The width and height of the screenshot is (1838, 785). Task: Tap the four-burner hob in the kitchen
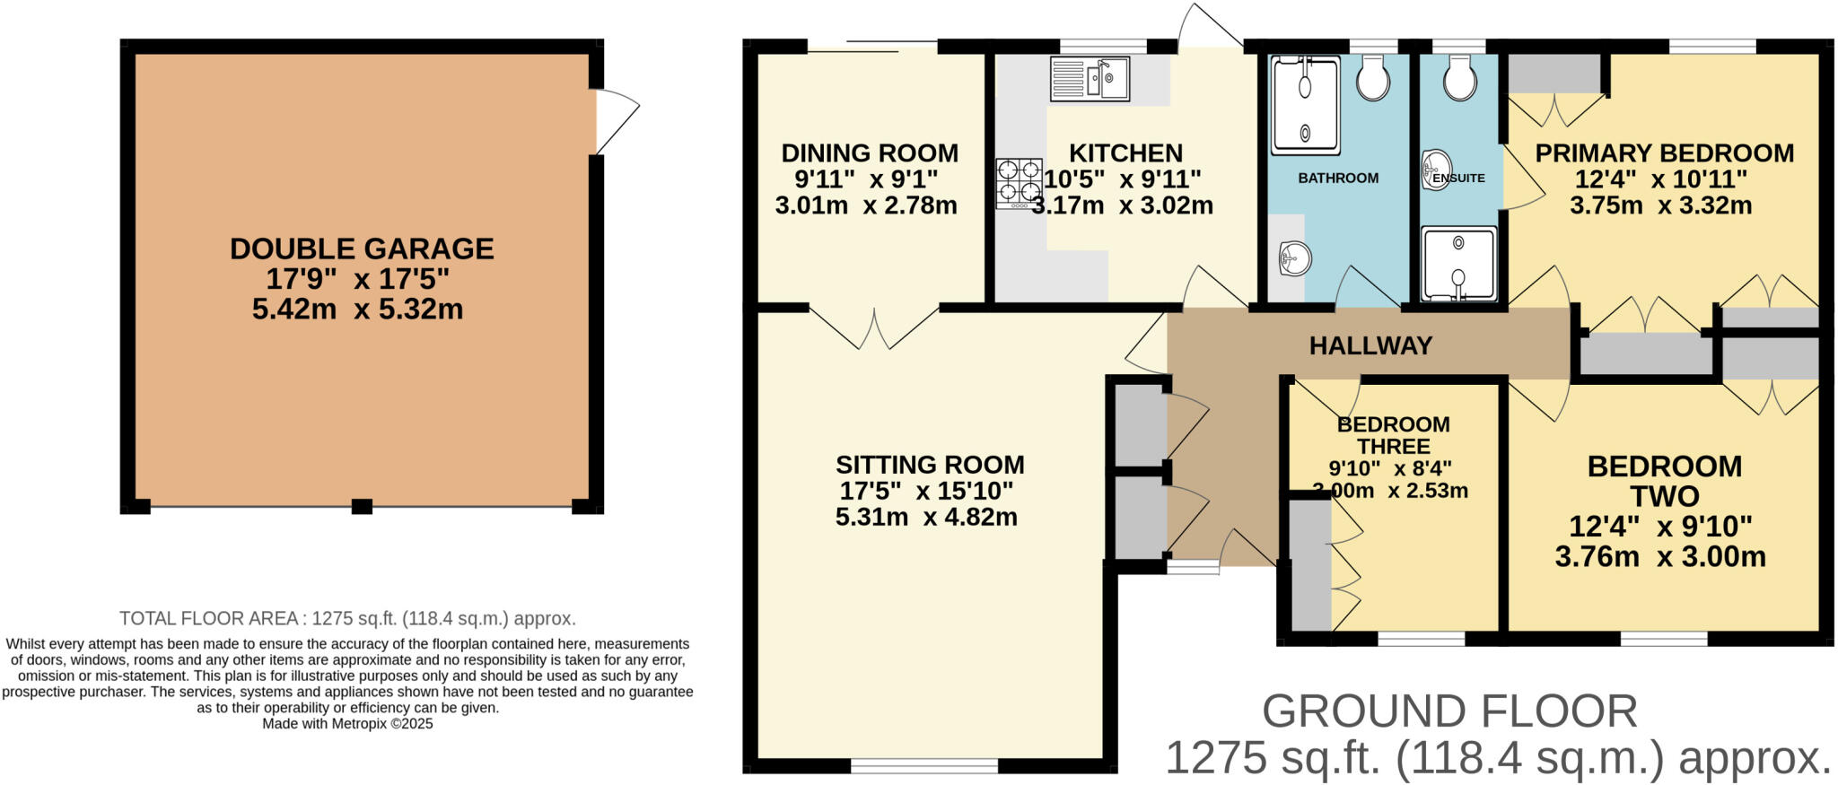click(1019, 183)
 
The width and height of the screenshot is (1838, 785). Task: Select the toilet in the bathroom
click(1372, 79)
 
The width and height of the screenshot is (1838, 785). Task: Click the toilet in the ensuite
click(1459, 79)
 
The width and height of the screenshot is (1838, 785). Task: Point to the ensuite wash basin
click(1436, 170)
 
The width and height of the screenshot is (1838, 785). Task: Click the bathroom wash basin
click(1294, 260)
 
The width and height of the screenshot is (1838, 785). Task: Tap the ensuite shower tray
click(1458, 264)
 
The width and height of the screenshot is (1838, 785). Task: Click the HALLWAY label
click(1370, 345)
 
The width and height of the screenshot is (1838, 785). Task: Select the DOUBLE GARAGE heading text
click(362, 249)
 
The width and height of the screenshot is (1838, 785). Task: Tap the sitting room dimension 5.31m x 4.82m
click(926, 517)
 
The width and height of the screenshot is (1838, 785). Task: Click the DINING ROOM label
click(870, 153)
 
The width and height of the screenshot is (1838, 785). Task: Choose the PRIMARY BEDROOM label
click(1664, 153)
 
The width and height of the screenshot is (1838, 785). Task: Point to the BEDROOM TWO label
click(1664, 481)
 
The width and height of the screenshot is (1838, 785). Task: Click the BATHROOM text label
click(1337, 179)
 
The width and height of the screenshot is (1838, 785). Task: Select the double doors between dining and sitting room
click(874, 327)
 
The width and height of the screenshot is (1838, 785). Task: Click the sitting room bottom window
click(923, 765)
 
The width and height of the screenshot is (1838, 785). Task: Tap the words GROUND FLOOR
click(1449, 711)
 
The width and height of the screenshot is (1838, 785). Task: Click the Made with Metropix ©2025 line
click(347, 724)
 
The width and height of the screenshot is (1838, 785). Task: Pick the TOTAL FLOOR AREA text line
click(347, 618)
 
